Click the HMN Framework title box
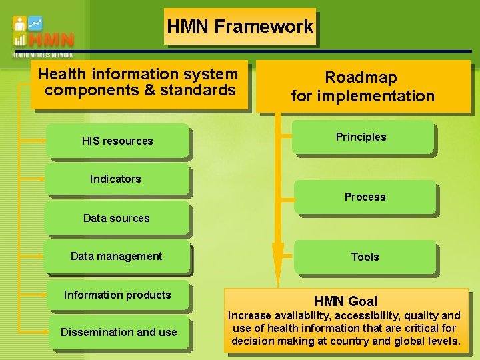tap(240, 27)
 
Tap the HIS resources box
tap(118, 141)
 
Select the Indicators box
tap(116, 179)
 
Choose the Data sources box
tap(117, 218)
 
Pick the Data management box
tap(117, 257)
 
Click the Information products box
tap(117, 295)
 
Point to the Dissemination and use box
tap(119, 332)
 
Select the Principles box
tap(361, 137)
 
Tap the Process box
tap(365, 197)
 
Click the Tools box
tap(365, 257)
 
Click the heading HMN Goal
tap(345, 301)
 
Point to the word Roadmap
tap(361, 78)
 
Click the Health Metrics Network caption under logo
tap(43, 55)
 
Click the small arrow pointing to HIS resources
tap(37, 141)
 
